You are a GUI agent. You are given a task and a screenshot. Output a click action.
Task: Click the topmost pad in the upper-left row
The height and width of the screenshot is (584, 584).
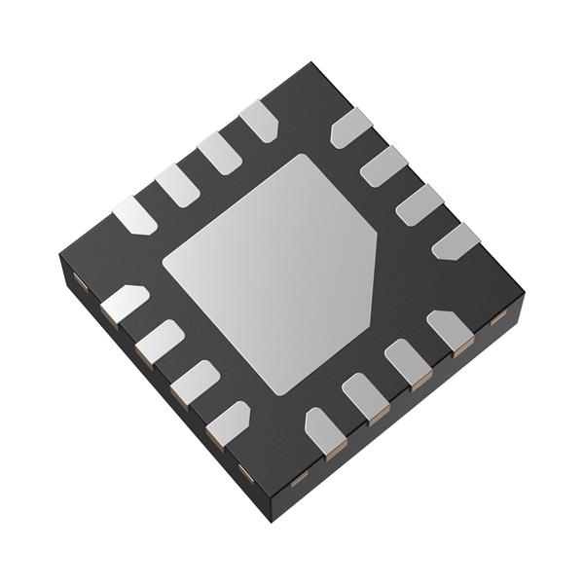259,121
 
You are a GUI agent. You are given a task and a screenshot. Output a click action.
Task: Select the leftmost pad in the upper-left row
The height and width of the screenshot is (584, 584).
134,215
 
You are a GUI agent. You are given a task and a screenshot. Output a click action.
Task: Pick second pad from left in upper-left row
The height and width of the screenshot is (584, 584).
176,185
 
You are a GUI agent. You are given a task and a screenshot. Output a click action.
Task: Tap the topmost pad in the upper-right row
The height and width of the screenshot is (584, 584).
350,128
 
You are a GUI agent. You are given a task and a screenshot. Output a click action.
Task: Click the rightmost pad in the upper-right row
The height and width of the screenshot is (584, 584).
455,241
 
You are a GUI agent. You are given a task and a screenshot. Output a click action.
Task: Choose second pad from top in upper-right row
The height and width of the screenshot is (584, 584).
383,165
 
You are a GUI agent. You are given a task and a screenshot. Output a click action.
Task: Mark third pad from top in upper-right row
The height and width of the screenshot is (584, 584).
420,204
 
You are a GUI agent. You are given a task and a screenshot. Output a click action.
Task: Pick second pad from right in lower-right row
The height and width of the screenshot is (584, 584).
408,362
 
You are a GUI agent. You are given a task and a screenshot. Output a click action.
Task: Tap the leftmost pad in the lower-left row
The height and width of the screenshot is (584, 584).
124,304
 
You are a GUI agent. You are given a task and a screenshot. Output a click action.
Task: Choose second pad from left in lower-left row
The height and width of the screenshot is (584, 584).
159,342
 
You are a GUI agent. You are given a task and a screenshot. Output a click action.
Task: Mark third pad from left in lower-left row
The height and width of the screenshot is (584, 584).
194,382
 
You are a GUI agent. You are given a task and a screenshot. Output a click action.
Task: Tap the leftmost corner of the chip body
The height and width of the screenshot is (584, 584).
60,255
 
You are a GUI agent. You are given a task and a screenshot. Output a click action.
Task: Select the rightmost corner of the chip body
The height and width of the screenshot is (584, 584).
523,292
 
